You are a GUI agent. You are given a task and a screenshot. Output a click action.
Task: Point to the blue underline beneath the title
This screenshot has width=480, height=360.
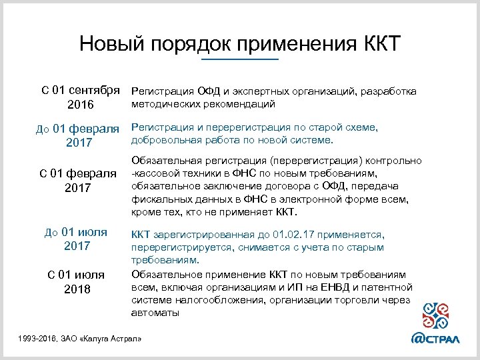(x=240, y=60)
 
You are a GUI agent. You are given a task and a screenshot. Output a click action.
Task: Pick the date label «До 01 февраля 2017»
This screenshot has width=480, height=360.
(x=77, y=135)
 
